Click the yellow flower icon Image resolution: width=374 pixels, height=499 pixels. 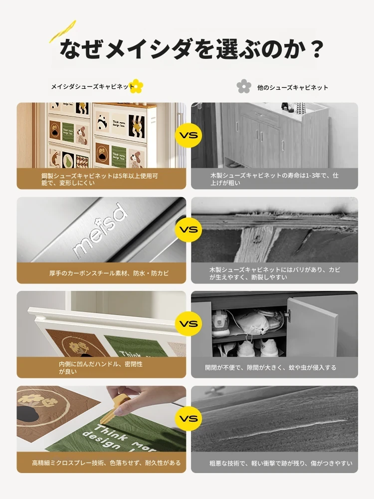[x=137, y=86]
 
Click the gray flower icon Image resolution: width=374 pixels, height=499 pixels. [x=244, y=86]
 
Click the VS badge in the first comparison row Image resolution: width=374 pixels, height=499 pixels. [x=188, y=135]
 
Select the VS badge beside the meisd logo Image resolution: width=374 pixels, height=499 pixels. [x=188, y=230]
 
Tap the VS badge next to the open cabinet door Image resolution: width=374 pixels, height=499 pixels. [x=188, y=324]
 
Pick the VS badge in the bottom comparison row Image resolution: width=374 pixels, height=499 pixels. [x=188, y=418]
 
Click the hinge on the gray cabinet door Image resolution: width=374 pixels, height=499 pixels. [x=287, y=314]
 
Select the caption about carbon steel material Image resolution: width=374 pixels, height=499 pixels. [x=109, y=273]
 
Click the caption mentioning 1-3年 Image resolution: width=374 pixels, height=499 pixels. [x=274, y=179]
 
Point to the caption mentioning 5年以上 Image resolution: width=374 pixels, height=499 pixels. [x=100, y=179]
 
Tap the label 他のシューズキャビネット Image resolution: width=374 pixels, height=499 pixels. [x=293, y=87]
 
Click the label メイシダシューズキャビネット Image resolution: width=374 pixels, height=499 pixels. [x=93, y=86]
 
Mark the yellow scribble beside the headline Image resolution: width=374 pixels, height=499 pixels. [x=63, y=31]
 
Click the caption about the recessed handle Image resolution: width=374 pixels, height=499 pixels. [x=101, y=368]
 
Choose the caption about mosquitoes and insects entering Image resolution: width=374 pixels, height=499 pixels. [x=271, y=368]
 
